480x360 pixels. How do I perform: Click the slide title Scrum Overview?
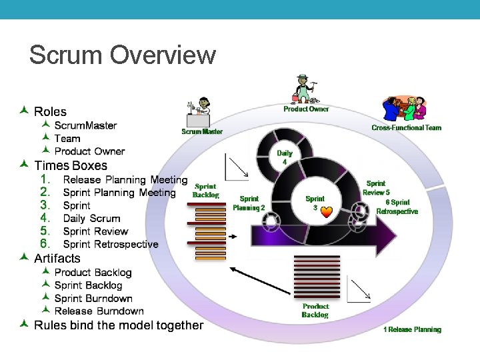[123, 55]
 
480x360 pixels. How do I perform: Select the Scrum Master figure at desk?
[201, 111]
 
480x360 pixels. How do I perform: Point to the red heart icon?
[327, 212]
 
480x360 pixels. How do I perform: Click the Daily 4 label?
[285, 157]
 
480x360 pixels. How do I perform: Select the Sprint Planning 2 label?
[249, 203]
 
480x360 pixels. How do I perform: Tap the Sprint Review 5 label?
[376, 188]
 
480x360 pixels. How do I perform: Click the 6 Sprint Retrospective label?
[397, 207]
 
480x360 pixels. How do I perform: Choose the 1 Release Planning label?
[412, 329]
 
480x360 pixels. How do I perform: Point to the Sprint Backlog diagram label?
[205, 191]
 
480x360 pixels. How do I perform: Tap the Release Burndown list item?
[99, 311]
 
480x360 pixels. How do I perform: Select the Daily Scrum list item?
[91, 218]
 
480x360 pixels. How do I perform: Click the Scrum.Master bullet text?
[85, 125]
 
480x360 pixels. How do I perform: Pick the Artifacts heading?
[57, 258]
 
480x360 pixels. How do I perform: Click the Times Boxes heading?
[70, 165]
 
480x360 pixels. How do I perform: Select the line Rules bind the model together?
[118, 325]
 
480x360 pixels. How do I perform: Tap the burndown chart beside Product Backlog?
[361, 287]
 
